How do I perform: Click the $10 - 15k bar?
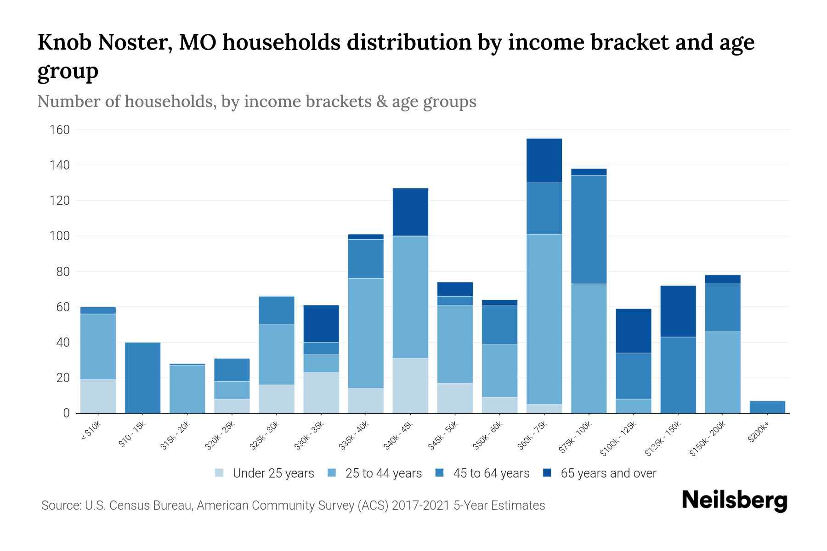(x=142, y=377)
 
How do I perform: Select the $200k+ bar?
(x=767, y=407)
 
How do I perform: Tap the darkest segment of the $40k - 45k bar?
(x=410, y=212)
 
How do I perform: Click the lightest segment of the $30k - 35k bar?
(x=321, y=393)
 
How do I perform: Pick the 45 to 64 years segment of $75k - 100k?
(x=589, y=230)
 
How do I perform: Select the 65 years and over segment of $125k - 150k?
(x=678, y=311)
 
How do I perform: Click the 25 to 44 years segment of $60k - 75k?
(x=544, y=319)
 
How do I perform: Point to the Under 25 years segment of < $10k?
(x=98, y=396)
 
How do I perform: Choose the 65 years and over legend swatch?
(x=547, y=473)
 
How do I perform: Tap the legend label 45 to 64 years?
(x=491, y=473)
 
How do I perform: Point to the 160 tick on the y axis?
(x=59, y=130)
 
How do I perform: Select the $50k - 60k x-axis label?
(x=488, y=435)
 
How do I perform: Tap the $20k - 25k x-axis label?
(x=220, y=435)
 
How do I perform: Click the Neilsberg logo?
(x=734, y=500)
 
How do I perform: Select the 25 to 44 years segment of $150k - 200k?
(x=722, y=372)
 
